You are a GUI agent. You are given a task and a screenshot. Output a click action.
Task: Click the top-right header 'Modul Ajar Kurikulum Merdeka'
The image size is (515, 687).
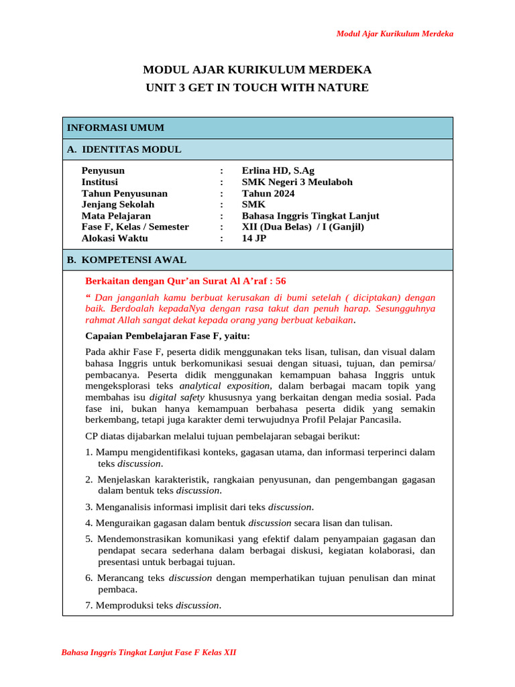click(x=394, y=34)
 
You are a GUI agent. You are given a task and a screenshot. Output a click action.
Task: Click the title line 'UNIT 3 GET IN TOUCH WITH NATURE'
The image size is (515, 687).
click(x=257, y=88)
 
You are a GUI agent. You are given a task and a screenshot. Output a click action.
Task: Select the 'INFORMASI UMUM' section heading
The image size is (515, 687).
click(x=115, y=128)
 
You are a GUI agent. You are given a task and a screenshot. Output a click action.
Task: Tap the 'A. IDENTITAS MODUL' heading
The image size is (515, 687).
click(x=124, y=150)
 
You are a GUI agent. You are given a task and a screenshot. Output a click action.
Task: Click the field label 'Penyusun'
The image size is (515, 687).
click(x=103, y=171)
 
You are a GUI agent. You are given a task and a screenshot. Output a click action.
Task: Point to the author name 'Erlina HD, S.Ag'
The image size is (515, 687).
click(x=278, y=171)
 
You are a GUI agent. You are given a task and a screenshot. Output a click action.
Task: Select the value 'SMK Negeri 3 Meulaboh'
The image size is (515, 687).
click(x=297, y=182)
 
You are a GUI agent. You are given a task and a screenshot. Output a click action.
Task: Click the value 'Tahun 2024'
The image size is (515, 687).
click(x=268, y=193)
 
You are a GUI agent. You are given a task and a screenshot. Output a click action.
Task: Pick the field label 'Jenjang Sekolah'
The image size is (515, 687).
click(x=118, y=205)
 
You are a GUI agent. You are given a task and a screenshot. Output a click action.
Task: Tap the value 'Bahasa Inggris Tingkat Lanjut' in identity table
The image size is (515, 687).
click(x=310, y=216)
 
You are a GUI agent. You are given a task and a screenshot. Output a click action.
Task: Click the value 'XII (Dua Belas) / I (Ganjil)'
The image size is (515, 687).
click(x=302, y=227)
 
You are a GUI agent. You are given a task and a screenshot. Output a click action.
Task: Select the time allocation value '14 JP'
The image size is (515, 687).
click(x=254, y=238)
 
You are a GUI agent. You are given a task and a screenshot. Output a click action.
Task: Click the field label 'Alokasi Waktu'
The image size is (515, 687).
click(x=115, y=238)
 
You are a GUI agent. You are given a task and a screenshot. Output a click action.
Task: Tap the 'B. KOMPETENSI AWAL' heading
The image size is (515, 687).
click(x=127, y=260)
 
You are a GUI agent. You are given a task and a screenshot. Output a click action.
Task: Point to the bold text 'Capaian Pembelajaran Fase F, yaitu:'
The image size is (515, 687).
click(x=168, y=336)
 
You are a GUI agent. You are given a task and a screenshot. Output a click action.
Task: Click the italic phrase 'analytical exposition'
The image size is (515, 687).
click(x=225, y=386)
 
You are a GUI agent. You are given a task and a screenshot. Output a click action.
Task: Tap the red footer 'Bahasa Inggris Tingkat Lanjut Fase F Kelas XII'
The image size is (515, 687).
click(x=149, y=652)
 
